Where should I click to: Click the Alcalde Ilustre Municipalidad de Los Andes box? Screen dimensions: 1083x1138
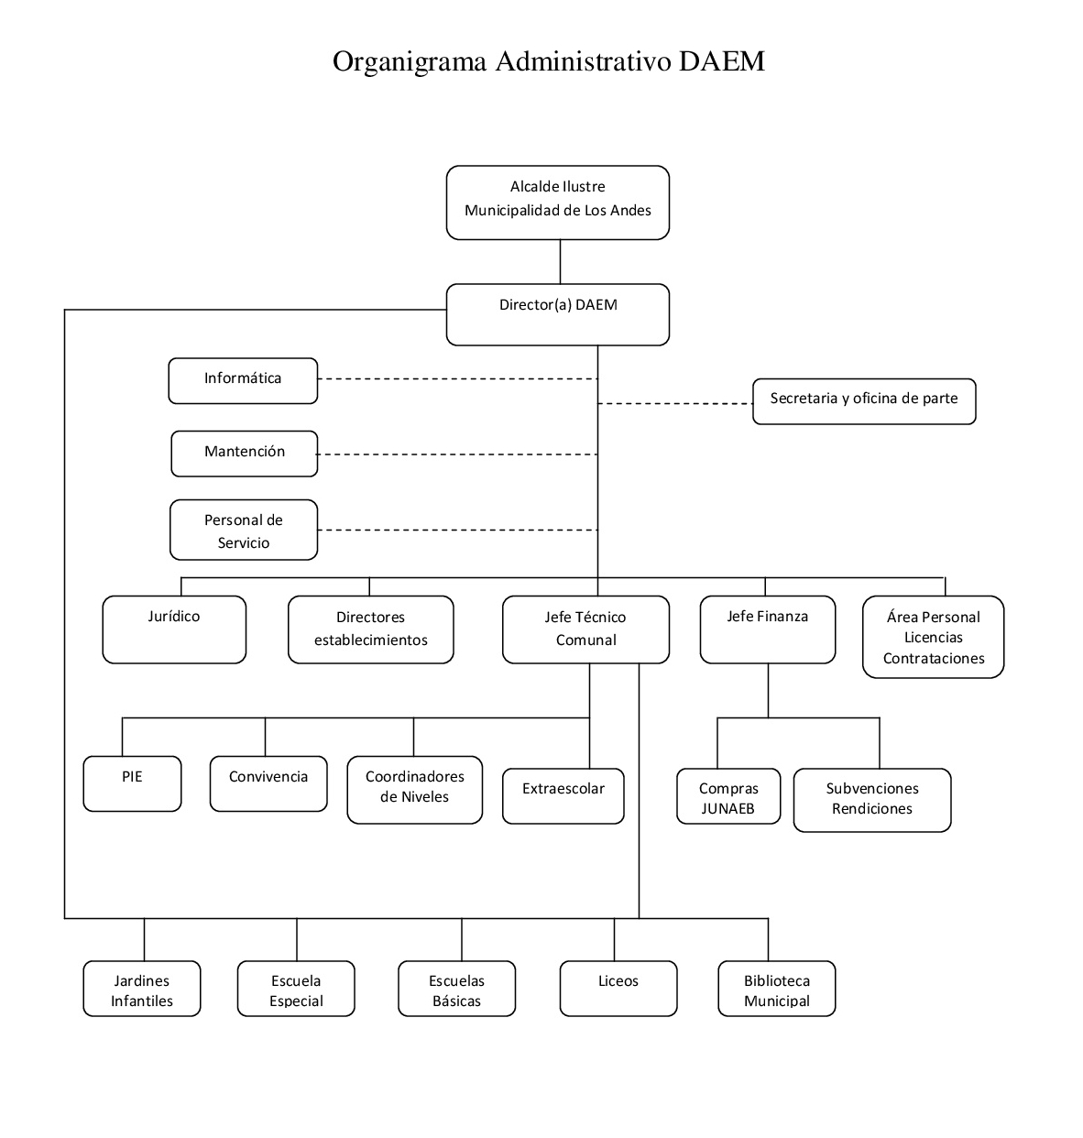(x=557, y=202)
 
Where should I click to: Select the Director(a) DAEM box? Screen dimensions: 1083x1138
(x=557, y=314)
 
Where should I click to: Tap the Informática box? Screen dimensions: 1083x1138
(x=243, y=381)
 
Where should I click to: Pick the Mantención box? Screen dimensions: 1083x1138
(x=245, y=454)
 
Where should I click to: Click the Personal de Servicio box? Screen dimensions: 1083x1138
(x=244, y=530)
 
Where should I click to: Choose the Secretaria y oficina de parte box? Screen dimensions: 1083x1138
(x=864, y=401)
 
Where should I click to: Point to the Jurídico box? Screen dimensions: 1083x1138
(x=174, y=629)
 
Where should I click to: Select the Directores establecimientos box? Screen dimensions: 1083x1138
(x=371, y=629)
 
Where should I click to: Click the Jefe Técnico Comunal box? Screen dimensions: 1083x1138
(x=585, y=629)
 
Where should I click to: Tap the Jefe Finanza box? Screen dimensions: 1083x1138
(x=768, y=629)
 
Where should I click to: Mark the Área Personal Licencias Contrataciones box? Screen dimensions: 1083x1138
(x=933, y=637)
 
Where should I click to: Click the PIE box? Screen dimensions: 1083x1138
(x=132, y=783)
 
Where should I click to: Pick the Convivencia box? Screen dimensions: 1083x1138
(x=268, y=783)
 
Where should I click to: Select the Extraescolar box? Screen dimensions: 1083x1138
(x=563, y=796)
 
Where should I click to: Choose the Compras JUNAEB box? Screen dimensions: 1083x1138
(x=728, y=796)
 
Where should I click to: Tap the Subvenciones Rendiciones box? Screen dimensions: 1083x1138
(x=872, y=800)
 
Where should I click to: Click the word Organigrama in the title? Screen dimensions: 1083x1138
(x=410, y=62)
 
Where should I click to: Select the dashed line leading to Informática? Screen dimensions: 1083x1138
(x=458, y=379)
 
